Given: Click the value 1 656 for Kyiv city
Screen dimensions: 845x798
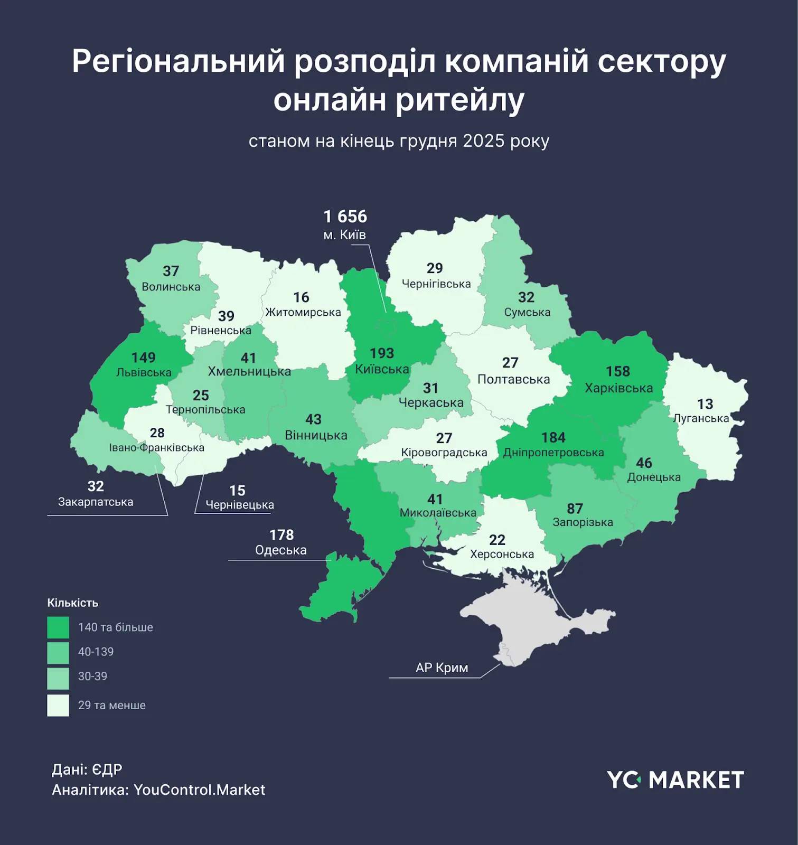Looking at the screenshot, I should [x=345, y=217].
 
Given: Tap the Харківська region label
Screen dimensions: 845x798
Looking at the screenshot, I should [x=618, y=388].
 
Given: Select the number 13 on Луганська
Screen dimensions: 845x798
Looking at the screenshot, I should [x=705, y=404].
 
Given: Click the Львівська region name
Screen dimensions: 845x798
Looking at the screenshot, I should [x=144, y=372].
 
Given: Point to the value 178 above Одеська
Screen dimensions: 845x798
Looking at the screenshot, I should [x=281, y=535].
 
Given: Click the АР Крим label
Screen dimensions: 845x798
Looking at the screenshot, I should [x=442, y=668].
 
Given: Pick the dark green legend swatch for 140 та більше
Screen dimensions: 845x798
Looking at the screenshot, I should [x=58, y=627].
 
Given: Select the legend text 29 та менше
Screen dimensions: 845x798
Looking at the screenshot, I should [x=111, y=705].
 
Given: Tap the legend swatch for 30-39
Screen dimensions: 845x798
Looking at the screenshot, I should [x=58, y=679].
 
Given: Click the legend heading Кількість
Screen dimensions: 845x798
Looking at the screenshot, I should [x=73, y=603].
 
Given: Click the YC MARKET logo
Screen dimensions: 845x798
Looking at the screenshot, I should [x=675, y=780].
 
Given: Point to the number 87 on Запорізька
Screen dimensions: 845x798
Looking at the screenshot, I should [x=575, y=509].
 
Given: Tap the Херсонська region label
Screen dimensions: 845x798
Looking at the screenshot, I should [x=502, y=554].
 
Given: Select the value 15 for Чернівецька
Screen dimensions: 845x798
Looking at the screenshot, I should [x=237, y=491].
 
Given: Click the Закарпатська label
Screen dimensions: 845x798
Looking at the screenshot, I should [x=96, y=502].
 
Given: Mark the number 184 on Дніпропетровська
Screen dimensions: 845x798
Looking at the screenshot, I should [x=553, y=438].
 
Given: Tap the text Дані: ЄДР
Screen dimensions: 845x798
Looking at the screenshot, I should [x=87, y=769].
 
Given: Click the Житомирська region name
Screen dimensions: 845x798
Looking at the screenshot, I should [x=303, y=312].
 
